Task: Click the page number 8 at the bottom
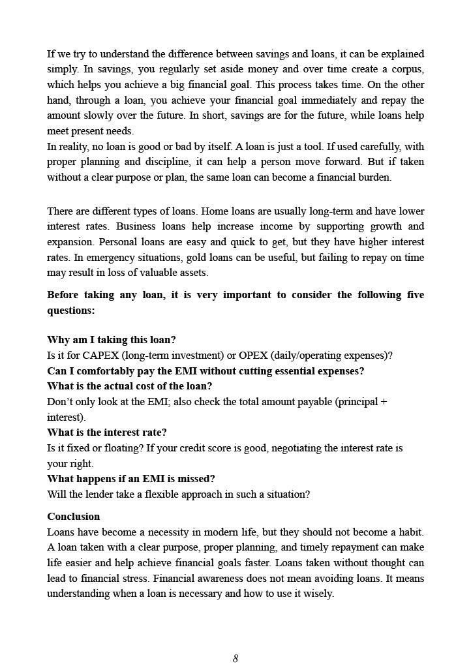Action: [235, 658]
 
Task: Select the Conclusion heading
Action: [74, 516]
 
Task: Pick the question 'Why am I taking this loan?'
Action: [112, 340]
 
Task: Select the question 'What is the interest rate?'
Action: [107, 432]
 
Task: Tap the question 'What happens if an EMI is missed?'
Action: [131, 478]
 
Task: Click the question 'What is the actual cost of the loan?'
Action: [130, 386]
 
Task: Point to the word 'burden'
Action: [372, 177]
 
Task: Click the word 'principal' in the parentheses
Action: [357, 402]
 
